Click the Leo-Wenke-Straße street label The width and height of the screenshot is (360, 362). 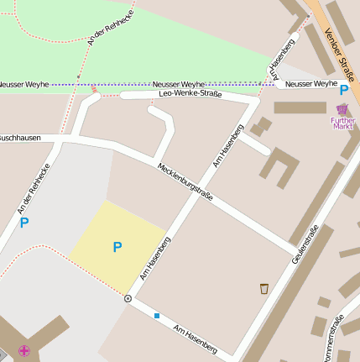[190, 94]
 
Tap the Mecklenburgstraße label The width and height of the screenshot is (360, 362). [185, 181]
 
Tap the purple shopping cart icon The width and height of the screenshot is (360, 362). [342, 109]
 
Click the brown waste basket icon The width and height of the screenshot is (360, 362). [264, 289]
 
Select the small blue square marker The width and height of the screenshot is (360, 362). [156, 316]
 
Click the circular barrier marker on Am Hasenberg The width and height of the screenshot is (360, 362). [128, 298]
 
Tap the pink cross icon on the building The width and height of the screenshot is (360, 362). [24, 351]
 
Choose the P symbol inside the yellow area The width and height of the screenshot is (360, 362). [117, 247]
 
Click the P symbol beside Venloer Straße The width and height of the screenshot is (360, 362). [344, 89]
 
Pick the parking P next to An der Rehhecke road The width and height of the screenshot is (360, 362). [24, 223]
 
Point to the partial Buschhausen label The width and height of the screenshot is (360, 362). [19, 136]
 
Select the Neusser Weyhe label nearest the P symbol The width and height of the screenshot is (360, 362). [310, 84]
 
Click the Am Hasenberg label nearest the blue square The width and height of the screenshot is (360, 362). [195, 337]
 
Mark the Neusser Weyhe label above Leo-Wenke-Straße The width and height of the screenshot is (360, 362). [179, 85]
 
